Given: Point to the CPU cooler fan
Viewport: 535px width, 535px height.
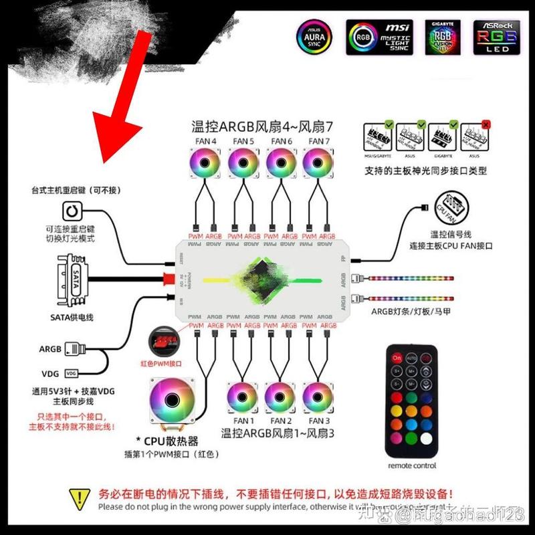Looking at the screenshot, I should pos(172,401).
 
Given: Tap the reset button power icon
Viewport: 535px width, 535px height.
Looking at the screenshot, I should pos(72,212).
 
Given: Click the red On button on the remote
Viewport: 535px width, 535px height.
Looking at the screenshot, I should pos(397,358).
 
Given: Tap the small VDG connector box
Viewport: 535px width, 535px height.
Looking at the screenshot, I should pos(71,372).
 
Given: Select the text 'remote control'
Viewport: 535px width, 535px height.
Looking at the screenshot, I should pos(411,465).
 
